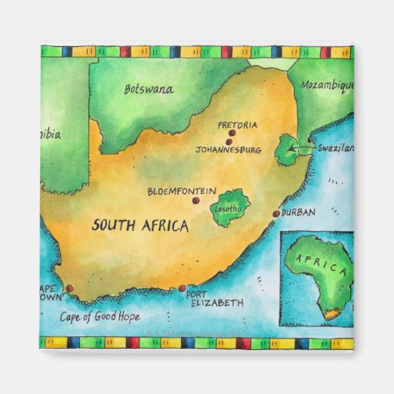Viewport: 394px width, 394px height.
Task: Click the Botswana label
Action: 149,88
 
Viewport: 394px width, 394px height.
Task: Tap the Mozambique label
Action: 326,85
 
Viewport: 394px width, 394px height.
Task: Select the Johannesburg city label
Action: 229,149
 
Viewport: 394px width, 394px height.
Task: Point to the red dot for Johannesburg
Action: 229,141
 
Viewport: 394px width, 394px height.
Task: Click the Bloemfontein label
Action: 182,191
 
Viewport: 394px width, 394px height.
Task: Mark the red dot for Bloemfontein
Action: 195,200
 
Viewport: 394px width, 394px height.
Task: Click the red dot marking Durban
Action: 276,213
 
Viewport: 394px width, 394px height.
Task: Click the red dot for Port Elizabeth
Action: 182,289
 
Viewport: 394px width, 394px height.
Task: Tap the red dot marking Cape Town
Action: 69,289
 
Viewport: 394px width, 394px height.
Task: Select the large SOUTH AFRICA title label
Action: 140,225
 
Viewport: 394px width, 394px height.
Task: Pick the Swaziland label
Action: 336,148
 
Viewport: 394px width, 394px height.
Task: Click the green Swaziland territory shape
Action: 288,149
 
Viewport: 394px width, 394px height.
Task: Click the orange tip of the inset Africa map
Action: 332,314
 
